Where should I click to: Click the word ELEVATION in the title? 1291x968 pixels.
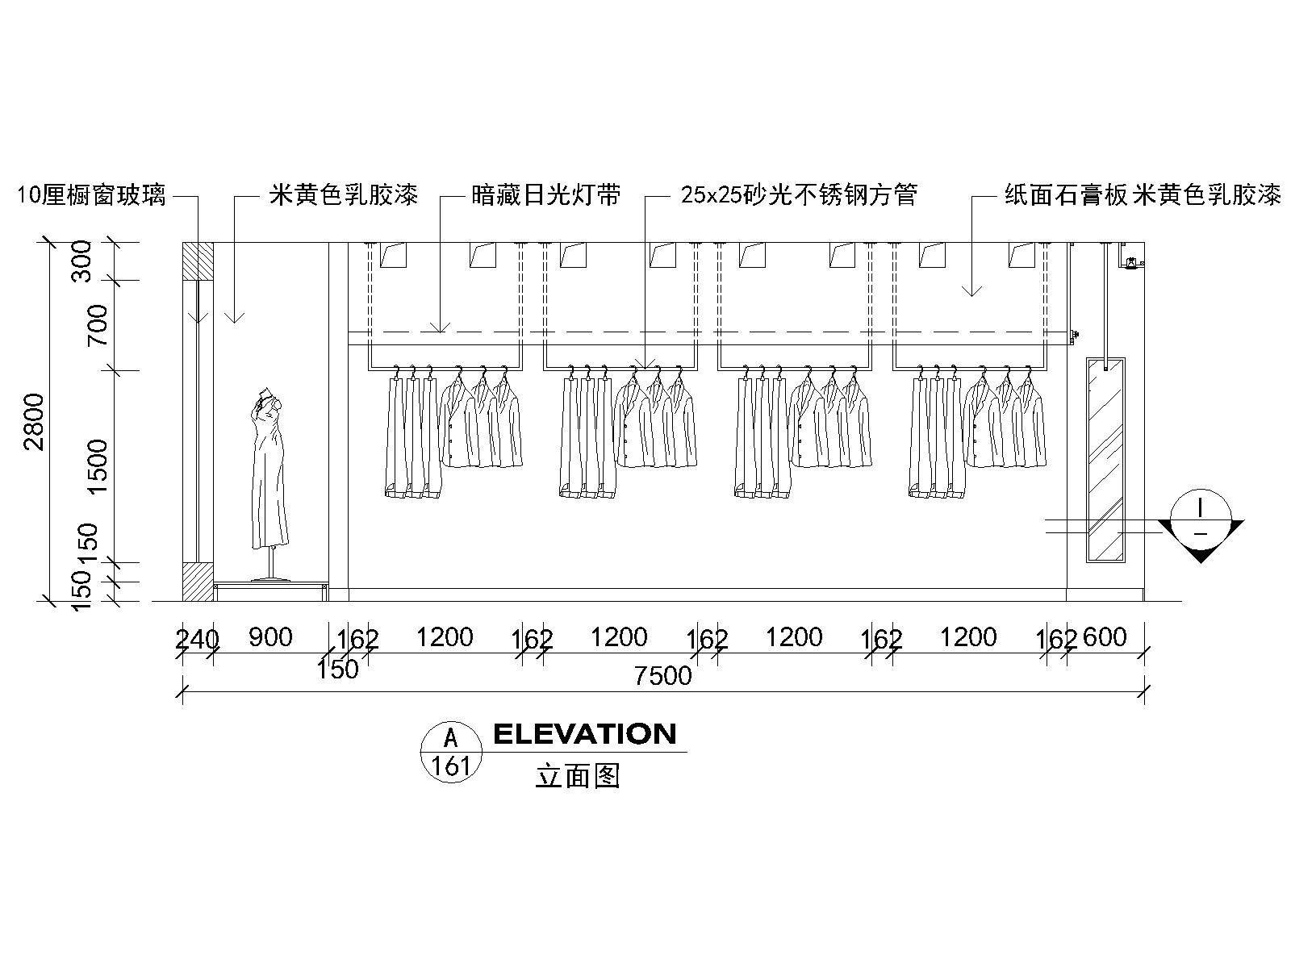coord(584,734)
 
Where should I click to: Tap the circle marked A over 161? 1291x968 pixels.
coord(451,752)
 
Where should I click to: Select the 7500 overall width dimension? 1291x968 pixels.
coord(662,676)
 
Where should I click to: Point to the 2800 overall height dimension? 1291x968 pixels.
coord(33,422)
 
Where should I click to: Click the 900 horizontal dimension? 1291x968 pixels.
coord(270,637)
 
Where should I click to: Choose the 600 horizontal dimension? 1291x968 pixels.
coord(1104,637)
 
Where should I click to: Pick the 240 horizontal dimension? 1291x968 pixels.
coord(197,639)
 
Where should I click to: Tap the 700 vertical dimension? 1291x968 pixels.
coord(98,325)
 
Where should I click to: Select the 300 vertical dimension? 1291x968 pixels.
coord(82,262)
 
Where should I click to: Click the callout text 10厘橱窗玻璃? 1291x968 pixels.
coord(91,195)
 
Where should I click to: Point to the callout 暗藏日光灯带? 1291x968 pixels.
coord(546,195)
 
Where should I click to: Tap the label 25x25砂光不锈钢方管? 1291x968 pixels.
coord(799,195)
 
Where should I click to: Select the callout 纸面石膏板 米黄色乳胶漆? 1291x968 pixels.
coord(1143,195)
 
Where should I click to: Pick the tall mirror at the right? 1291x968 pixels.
coord(1105,460)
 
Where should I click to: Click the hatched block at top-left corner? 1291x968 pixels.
coord(198,261)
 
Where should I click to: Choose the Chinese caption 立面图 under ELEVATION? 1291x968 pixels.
coord(577,776)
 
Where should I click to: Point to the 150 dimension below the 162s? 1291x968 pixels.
coord(337,670)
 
